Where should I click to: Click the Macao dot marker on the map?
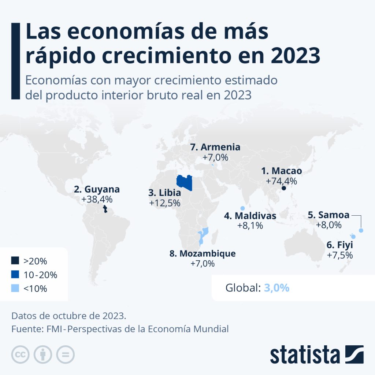tap(283, 188)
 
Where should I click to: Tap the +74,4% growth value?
tap(281, 181)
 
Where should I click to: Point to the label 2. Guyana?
tap(97, 190)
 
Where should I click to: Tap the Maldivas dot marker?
tap(242, 208)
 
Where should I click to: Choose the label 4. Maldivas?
tap(250, 216)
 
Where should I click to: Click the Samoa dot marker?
tap(361, 230)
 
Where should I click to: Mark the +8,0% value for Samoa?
tap(329, 224)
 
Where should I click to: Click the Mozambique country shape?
tap(203, 236)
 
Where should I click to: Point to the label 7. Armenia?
tap(215, 147)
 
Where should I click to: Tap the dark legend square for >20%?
tap(15, 261)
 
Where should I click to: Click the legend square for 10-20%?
tap(15, 275)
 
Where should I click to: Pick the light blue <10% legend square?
tap(15, 289)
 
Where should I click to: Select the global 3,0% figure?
tap(276, 288)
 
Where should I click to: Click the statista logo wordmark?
tap(305, 354)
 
